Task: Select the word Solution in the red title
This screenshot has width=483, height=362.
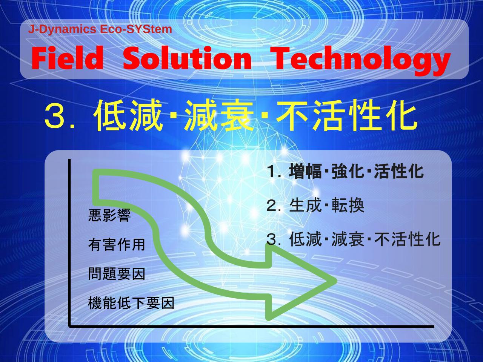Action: pos(187,58)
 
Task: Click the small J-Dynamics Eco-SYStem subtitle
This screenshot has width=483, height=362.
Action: pos(100,29)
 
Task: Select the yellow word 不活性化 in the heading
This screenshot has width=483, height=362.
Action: pos(347,116)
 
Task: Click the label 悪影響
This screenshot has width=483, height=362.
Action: pos(109,215)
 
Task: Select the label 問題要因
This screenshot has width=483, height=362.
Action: pos(116,274)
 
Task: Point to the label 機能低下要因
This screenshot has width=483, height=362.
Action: pos(131,303)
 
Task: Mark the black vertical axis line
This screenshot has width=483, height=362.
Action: pos(69,243)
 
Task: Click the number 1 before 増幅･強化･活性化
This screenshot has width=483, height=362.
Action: pos(272,172)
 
